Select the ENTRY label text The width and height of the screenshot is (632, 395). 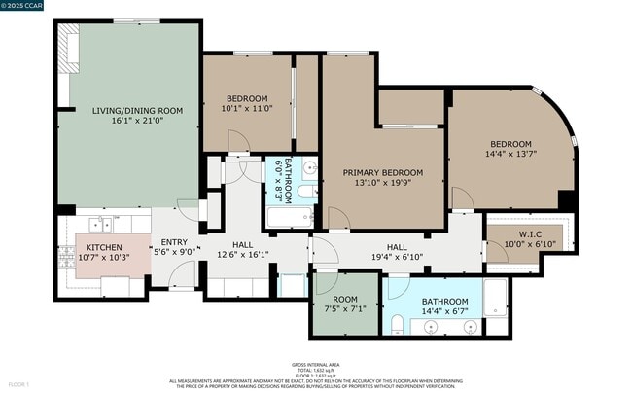click(x=174, y=242)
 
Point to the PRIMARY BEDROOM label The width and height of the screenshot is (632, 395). click(x=382, y=171)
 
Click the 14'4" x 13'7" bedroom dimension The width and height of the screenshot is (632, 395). click(x=509, y=153)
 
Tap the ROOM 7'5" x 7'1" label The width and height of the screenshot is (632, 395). click(x=345, y=305)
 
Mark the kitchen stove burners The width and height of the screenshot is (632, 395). click(x=67, y=256)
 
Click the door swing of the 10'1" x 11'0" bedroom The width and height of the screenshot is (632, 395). click(x=238, y=142)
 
